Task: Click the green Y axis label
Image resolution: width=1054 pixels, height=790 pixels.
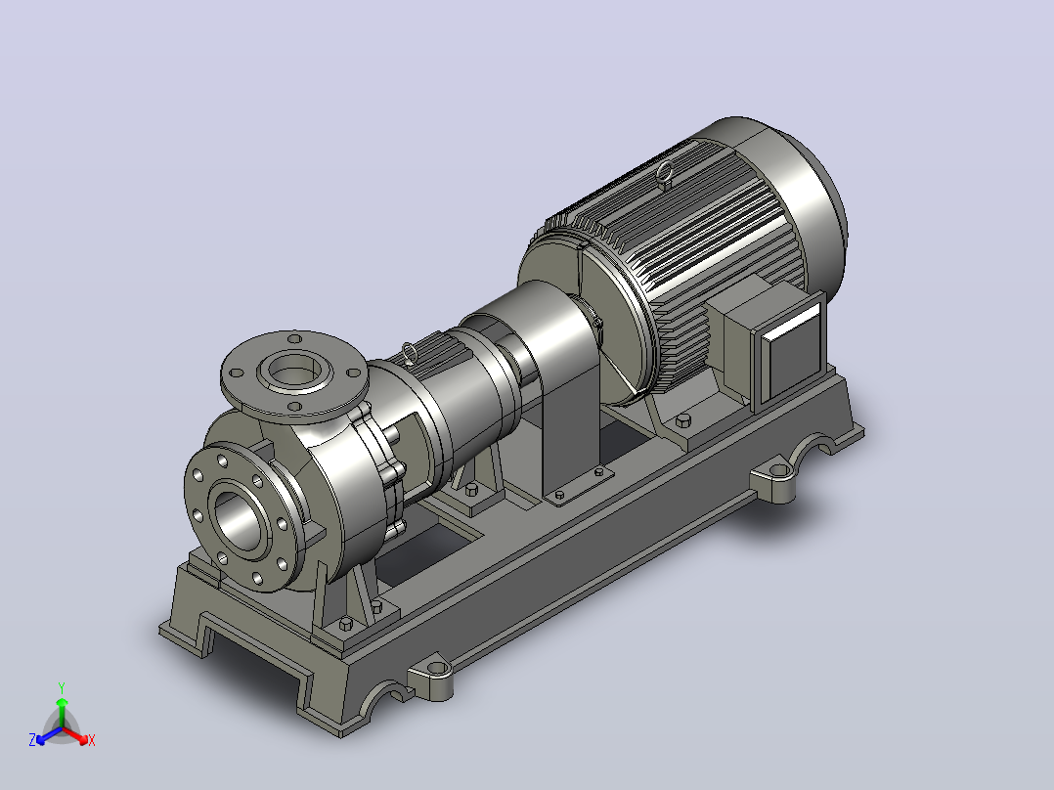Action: [x=62, y=687]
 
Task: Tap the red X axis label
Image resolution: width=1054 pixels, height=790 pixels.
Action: [x=92, y=740]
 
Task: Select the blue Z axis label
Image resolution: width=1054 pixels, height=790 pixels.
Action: [x=32, y=740]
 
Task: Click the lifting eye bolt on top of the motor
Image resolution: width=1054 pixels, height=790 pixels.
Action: [x=664, y=173]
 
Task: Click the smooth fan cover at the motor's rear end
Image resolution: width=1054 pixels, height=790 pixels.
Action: [x=800, y=195]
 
